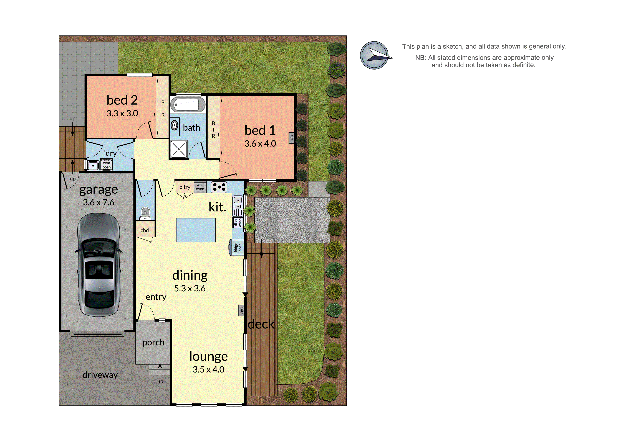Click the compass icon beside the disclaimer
(x=375, y=55)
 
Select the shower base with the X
(x=179, y=149)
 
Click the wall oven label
(x=200, y=187)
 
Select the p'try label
(x=185, y=187)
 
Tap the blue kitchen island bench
(x=196, y=230)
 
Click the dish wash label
(x=238, y=222)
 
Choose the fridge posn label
(x=238, y=247)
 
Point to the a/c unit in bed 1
(x=291, y=138)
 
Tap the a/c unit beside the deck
(x=241, y=310)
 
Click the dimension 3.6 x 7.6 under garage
(x=99, y=202)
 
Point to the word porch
(x=153, y=342)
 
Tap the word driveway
(x=100, y=375)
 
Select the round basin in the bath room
(x=175, y=125)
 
